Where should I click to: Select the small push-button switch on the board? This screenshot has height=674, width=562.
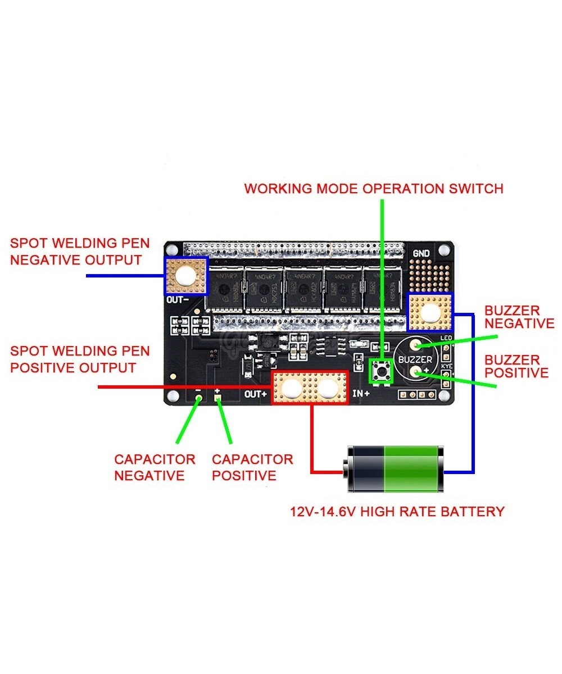(x=381, y=371)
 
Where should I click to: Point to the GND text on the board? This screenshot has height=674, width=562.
(x=421, y=254)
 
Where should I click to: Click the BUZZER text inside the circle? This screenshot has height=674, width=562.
(x=415, y=359)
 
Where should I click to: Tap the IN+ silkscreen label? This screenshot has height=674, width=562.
(x=360, y=394)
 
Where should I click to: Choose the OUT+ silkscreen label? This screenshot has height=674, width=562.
(x=256, y=394)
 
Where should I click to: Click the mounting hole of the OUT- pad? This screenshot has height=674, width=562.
(x=185, y=275)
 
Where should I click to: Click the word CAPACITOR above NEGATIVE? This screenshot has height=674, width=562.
(x=155, y=459)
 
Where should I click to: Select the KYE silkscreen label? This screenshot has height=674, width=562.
(x=446, y=366)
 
